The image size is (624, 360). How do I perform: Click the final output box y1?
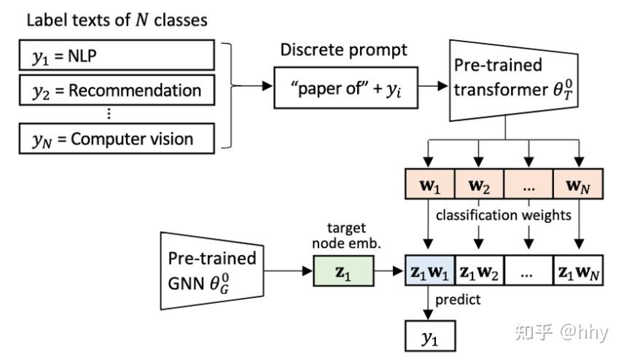click(430, 337)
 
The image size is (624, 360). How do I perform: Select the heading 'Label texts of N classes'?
click(117, 20)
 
